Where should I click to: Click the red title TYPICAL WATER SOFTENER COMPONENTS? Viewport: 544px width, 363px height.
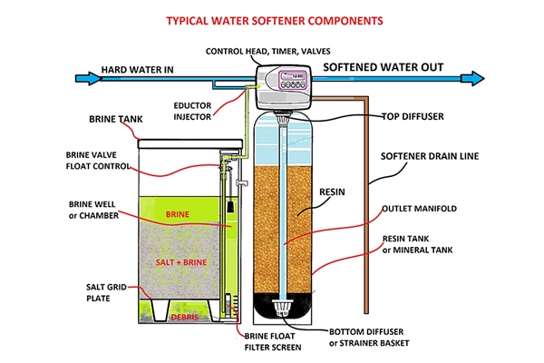pyautogui.click(x=275, y=21)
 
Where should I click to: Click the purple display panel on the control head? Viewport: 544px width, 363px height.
pyautogui.click(x=294, y=80)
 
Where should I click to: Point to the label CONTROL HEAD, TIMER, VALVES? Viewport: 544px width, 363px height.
pyautogui.click(x=267, y=52)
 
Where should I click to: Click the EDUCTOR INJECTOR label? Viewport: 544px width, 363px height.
pyautogui.click(x=192, y=111)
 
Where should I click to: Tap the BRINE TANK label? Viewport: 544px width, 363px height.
pyautogui.click(x=115, y=119)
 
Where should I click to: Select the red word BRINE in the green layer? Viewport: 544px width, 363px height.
pyautogui.click(x=178, y=214)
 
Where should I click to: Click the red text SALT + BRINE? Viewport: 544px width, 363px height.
pyautogui.click(x=181, y=262)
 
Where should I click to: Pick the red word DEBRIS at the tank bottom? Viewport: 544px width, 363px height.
pyautogui.click(x=185, y=317)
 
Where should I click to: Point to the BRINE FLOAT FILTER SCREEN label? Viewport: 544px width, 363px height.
pyautogui.click(x=273, y=342)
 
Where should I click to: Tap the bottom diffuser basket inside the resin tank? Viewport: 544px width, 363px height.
pyautogui.click(x=282, y=308)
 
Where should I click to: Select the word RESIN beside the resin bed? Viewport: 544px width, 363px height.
pyautogui.click(x=332, y=192)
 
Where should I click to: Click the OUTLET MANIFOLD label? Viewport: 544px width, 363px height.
pyautogui.click(x=419, y=209)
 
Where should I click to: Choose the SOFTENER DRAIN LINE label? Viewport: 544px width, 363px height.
pyautogui.click(x=430, y=156)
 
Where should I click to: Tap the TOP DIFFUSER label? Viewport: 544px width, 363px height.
pyautogui.click(x=413, y=116)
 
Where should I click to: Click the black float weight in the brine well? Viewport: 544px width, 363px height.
pyautogui.click(x=229, y=206)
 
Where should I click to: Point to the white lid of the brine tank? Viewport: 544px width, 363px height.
pyautogui.click(x=190, y=143)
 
